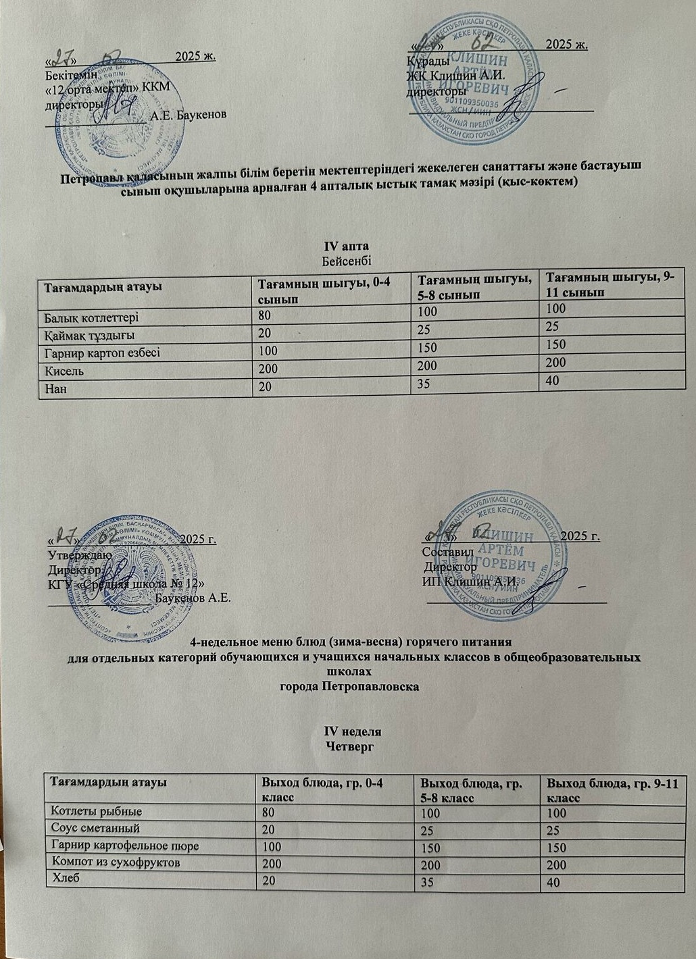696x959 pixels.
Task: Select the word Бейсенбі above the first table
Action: [348, 259]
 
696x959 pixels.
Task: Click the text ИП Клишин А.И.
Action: [470, 581]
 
